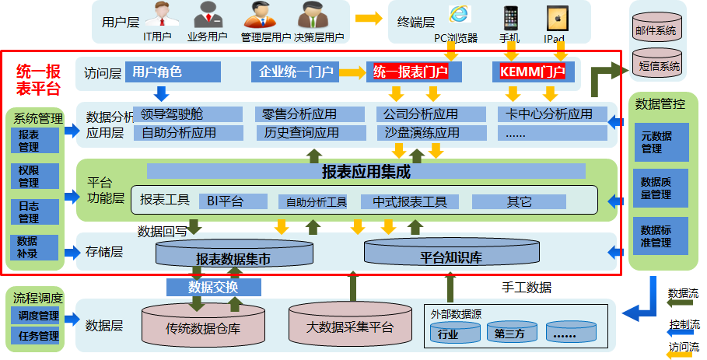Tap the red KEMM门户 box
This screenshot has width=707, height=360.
click(x=534, y=72)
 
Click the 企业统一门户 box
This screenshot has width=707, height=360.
click(x=293, y=72)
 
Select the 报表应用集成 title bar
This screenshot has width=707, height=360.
click(x=366, y=171)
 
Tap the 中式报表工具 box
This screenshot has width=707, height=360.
click(x=410, y=202)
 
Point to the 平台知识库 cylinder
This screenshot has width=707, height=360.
click(x=451, y=253)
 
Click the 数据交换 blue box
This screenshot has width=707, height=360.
click(x=213, y=288)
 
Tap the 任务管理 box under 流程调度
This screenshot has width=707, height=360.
click(x=37, y=336)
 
